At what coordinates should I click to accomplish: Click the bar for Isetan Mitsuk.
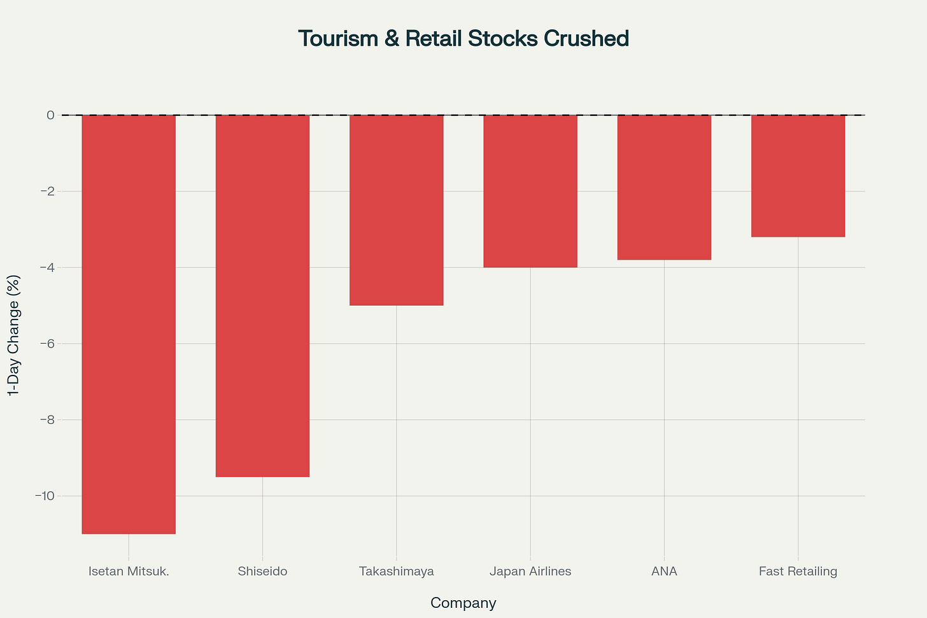pyautogui.click(x=129, y=325)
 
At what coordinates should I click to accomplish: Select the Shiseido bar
pyautogui.click(x=262, y=296)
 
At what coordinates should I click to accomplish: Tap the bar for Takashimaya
pyautogui.click(x=396, y=210)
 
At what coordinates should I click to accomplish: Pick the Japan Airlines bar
pyautogui.click(x=530, y=191)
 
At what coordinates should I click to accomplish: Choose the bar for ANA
pyautogui.click(x=664, y=187)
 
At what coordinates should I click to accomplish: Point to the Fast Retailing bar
pyautogui.click(x=798, y=176)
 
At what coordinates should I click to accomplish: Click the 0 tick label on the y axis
pyautogui.click(x=50, y=115)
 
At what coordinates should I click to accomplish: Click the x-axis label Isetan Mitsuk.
pyautogui.click(x=129, y=572)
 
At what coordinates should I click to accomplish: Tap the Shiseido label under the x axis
pyautogui.click(x=262, y=572)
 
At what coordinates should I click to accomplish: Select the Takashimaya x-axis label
pyautogui.click(x=396, y=572)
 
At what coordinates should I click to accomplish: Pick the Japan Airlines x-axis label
pyautogui.click(x=530, y=572)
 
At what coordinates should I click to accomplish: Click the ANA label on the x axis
pyautogui.click(x=664, y=572)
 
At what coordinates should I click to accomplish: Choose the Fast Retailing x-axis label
pyautogui.click(x=798, y=572)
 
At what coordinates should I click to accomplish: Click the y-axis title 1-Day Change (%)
pyautogui.click(x=14, y=335)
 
